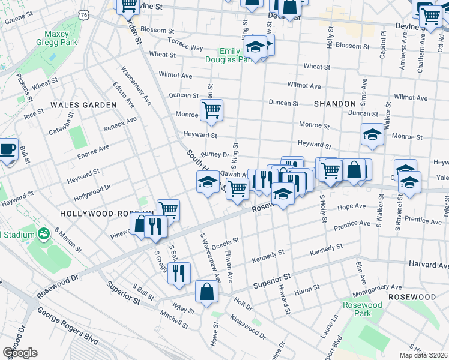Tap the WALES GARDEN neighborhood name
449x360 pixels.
[83, 105]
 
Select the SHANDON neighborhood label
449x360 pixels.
[334, 104]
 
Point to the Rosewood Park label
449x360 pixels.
[362, 309]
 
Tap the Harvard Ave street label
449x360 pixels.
[429, 265]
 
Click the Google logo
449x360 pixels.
[19, 353]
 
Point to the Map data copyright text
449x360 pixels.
[423, 355]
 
